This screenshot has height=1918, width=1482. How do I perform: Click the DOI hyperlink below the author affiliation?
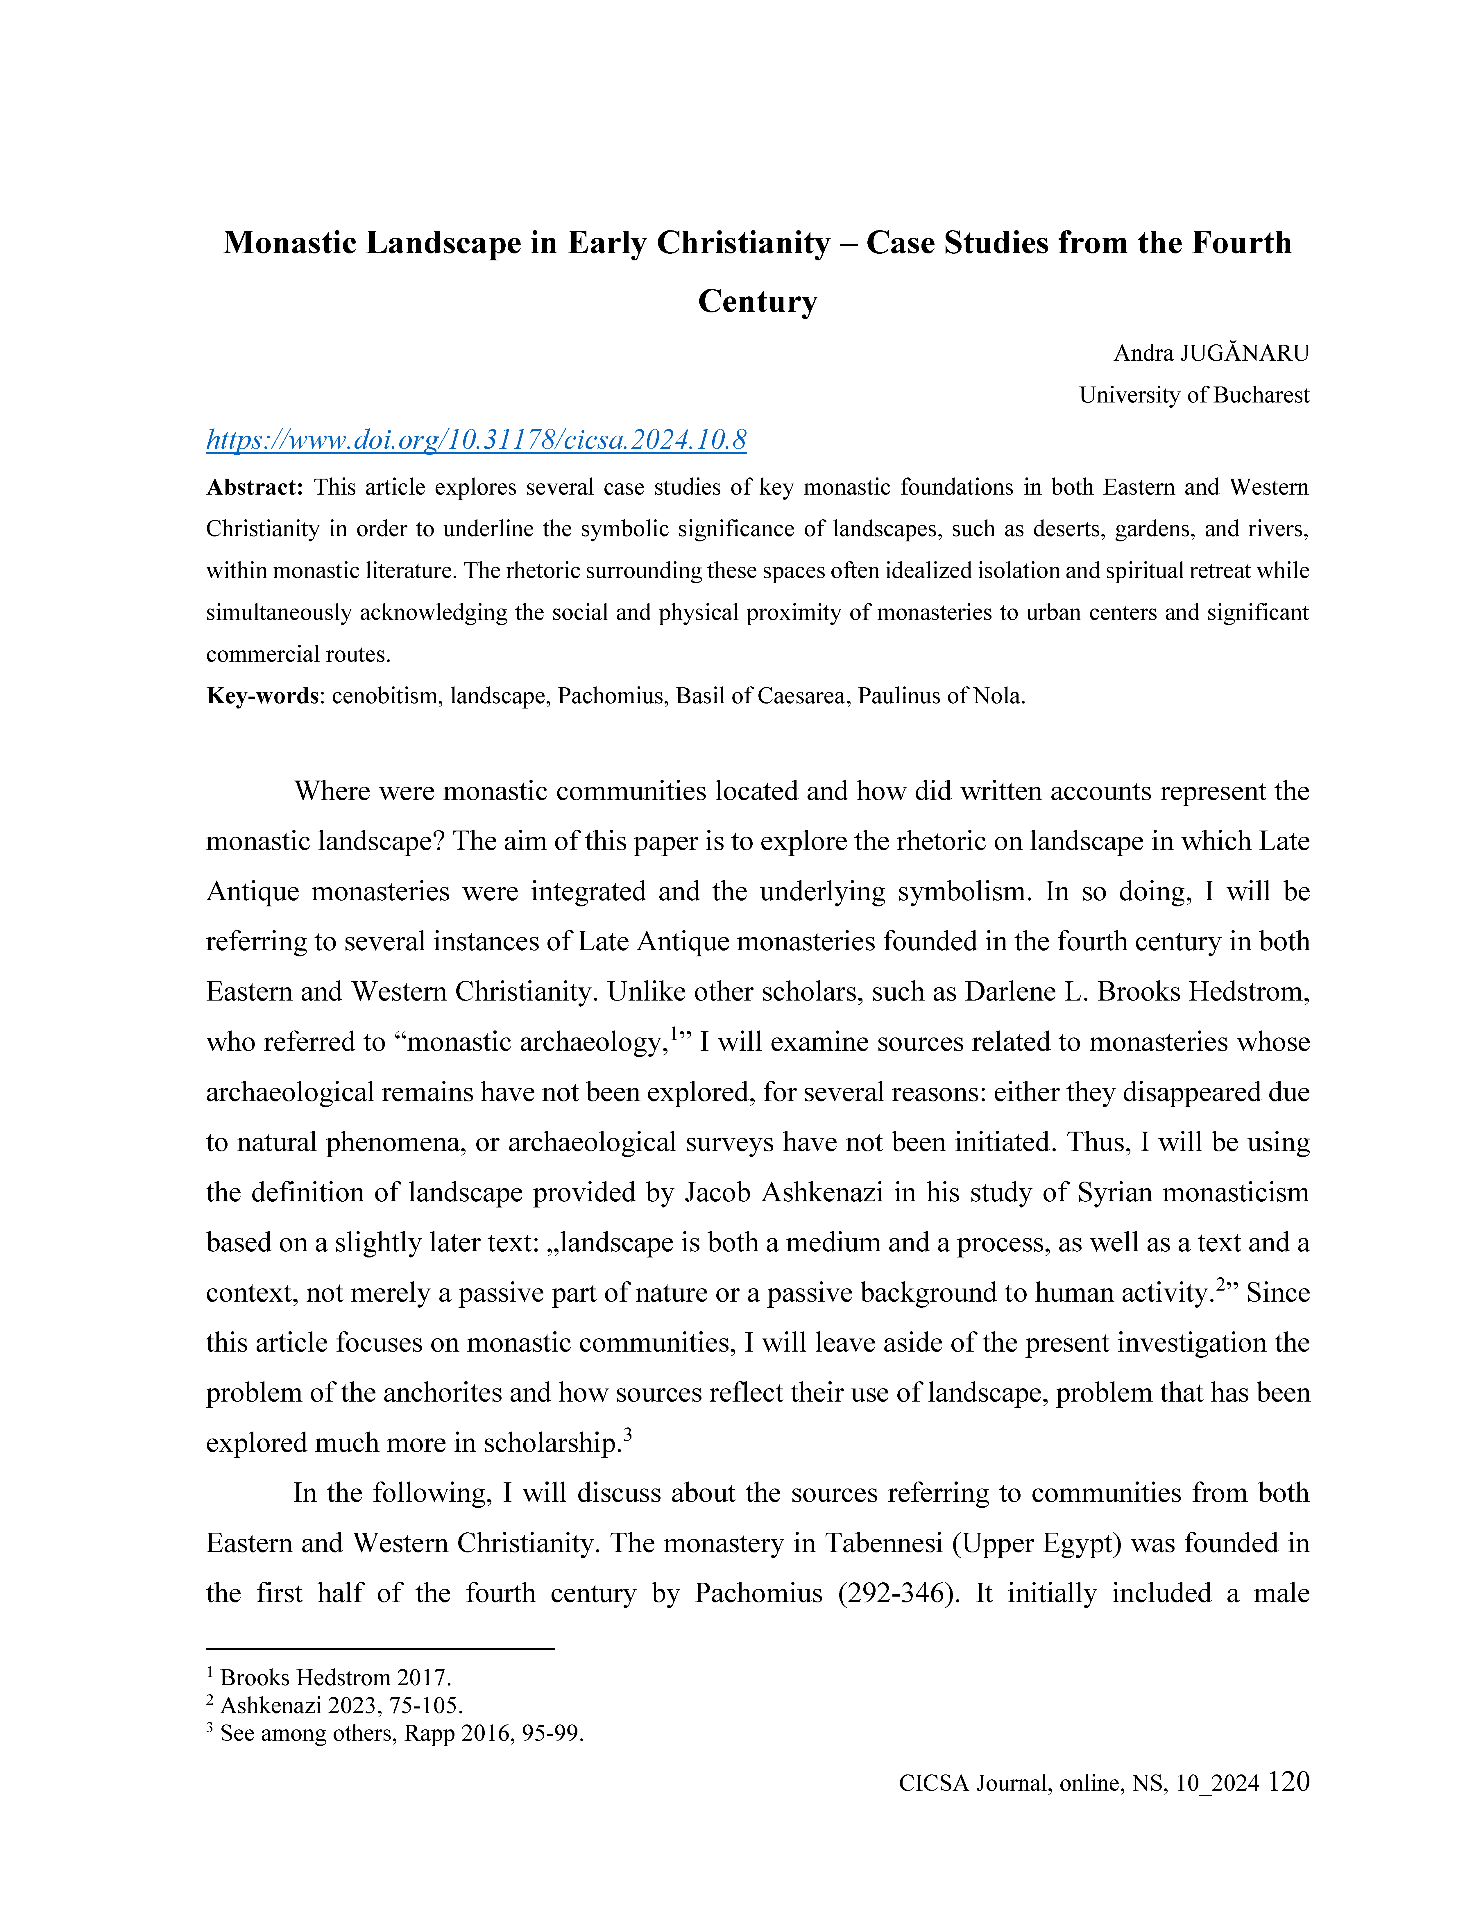click(476, 439)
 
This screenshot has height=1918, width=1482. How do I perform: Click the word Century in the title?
click(758, 301)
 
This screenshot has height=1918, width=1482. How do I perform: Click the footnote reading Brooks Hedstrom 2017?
click(335, 1677)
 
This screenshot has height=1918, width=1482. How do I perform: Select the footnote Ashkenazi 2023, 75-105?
click(341, 1706)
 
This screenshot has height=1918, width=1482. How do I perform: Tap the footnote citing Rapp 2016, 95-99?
click(401, 1733)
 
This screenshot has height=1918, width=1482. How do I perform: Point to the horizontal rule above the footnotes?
click(380, 1649)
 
